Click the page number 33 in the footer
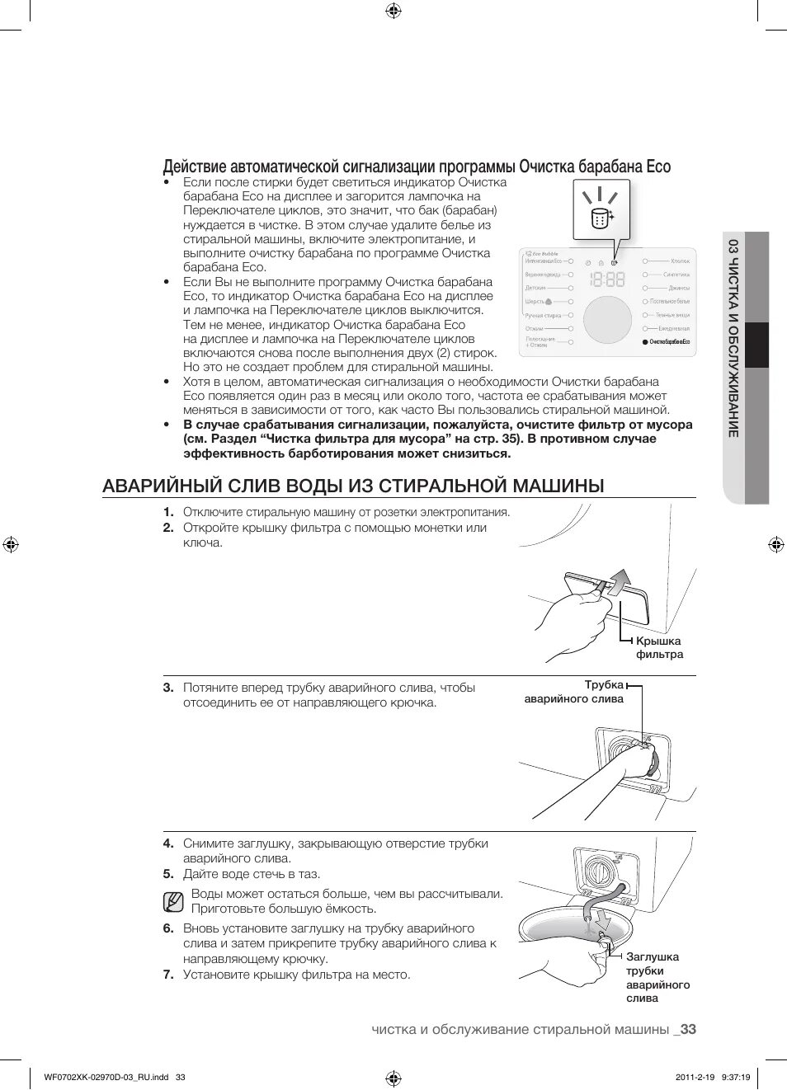click(x=688, y=1029)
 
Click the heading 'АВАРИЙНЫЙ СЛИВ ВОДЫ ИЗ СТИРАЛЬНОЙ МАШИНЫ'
click(x=353, y=486)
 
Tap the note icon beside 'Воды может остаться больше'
click(x=172, y=902)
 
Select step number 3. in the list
click(x=168, y=688)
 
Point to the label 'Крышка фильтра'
click(x=659, y=647)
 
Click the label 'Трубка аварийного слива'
click(x=575, y=692)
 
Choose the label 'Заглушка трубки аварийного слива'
click(x=657, y=977)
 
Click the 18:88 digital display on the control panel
click(x=607, y=280)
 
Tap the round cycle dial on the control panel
click(x=607, y=320)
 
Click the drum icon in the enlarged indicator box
click(x=601, y=218)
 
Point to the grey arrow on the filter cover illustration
click(x=619, y=580)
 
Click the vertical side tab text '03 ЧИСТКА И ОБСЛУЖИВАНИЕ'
click(x=733, y=337)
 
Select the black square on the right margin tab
click(x=756, y=344)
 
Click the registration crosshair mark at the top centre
click(x=393, y=11)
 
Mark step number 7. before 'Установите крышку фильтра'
click(x=168, y=975)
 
